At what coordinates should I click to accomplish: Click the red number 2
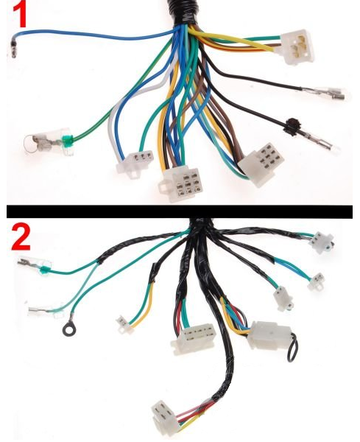tap(21, 237)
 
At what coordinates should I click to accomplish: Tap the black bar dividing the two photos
tap(180, 211)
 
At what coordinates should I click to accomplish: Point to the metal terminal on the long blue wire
tap(13, 49)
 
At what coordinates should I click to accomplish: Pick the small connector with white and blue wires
tap(135, 164)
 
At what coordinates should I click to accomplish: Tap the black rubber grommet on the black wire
tap(292, 127)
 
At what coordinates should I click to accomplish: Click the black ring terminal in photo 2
tap(68, 328)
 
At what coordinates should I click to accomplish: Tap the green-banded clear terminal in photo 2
tap(35, 267)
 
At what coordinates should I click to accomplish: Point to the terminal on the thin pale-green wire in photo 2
tap(45, 312)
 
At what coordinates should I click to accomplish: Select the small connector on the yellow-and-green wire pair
tap(124, 324)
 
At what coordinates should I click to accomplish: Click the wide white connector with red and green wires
tap(193, 338)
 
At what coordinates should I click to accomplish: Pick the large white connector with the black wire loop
tap(269, 335)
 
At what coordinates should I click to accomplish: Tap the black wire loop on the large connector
tap(293, 347)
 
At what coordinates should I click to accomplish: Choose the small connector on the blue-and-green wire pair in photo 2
tap(316, 281)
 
